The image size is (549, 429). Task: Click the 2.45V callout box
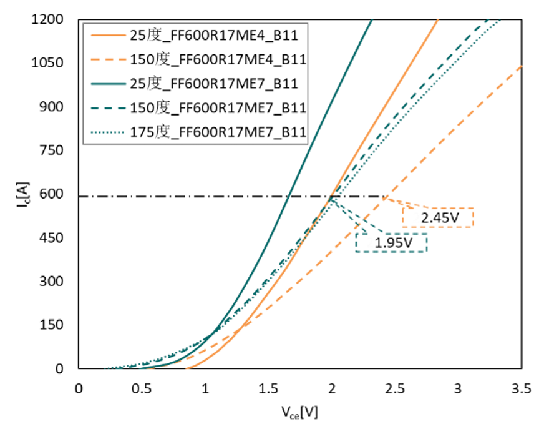[437, 217]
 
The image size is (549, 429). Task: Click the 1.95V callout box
[391, 243]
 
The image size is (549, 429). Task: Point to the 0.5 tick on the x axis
[142, 389]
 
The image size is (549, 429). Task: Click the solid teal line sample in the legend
[108, 83]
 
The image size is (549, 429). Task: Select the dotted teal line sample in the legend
[108, 132]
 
